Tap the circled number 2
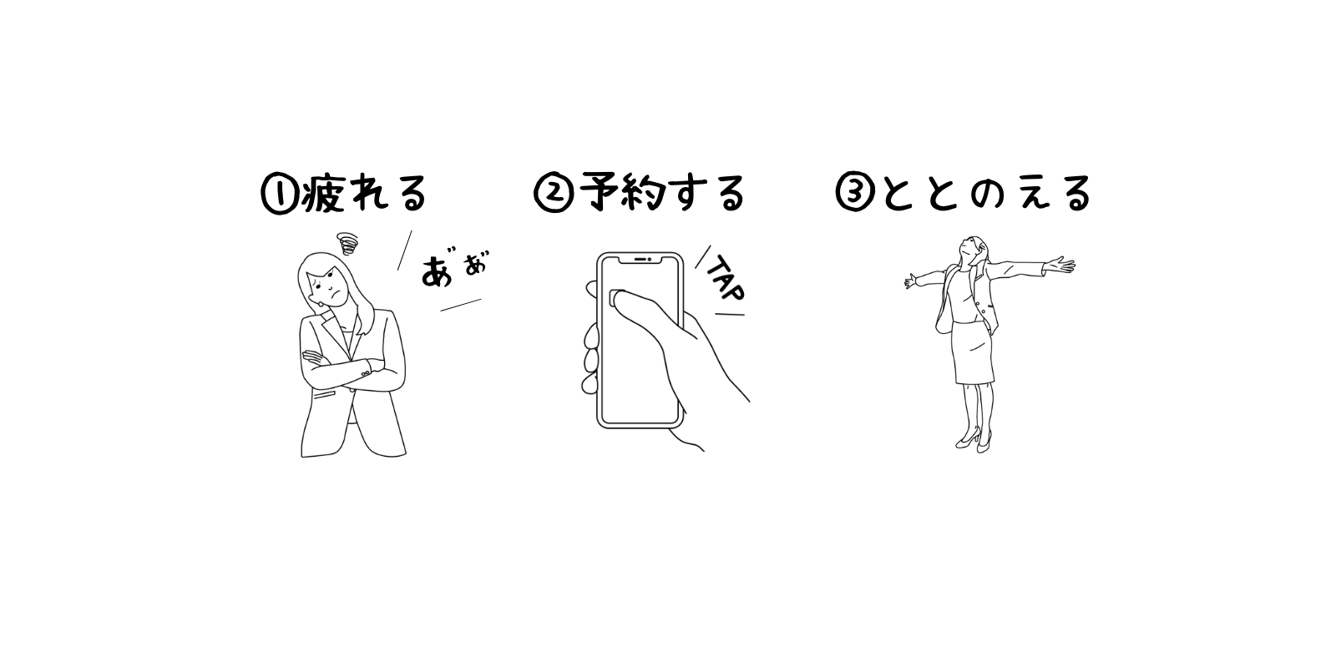[x=553, y=194]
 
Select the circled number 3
[x=855, y=194]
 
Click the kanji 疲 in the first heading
[x=324, y=193]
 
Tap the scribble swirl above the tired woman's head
[x=347, y=243]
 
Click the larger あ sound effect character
[x=438, y=272]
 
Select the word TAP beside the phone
[x=726, y=279]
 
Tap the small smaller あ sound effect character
[x=476, y=264]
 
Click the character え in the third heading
[x=1035, y=193]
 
